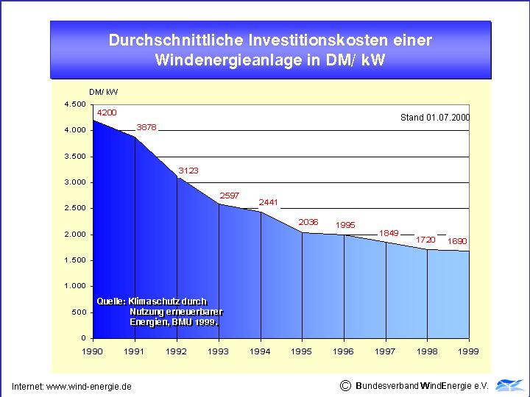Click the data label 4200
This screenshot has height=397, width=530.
point(106,112)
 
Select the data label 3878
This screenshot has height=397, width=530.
point(146,127)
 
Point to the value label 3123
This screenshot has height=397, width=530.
point(188,171)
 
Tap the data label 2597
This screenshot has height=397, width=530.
point(230,196)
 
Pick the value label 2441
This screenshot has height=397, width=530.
point(269,202)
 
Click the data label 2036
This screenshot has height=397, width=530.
point(308,222)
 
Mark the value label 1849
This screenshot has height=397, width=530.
point(389,233)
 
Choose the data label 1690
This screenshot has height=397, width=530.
point(458,240)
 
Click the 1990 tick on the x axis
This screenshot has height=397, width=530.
point(93,351)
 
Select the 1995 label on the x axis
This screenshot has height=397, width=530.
point(302,351)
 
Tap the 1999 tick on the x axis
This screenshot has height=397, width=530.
point(469,351)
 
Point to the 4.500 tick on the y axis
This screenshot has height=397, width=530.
point(76,104)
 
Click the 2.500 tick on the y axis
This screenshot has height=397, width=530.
point(76,208)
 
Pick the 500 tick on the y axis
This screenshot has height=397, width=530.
point(79,312)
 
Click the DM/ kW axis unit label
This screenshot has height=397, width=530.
point(104,92)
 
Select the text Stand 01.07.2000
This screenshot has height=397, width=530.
point(435,117)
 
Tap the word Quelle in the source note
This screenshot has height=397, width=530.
point(110,301)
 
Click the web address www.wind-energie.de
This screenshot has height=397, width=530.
point(89,386)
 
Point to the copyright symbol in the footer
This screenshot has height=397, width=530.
point(345,385)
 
